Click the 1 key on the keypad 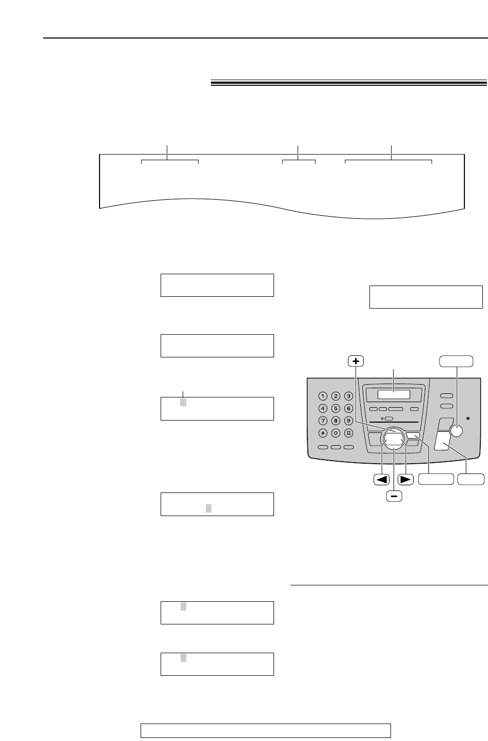point(322,396)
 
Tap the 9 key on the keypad point(348,421)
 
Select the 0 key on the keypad point(336,433)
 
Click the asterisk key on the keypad point(322,433)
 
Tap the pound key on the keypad point(348,433)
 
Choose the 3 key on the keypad point(348,396)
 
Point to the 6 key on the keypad point(348,408)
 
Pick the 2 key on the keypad point(336,396)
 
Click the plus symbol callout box point(355,361)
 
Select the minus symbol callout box point(394,496)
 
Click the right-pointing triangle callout point(406,480)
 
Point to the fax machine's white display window point(394,395)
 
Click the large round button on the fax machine point(456,431)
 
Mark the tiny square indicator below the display point(382,419)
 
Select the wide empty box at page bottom point(266,730)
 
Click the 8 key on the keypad point(336,421)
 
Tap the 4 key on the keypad point(322,408)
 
